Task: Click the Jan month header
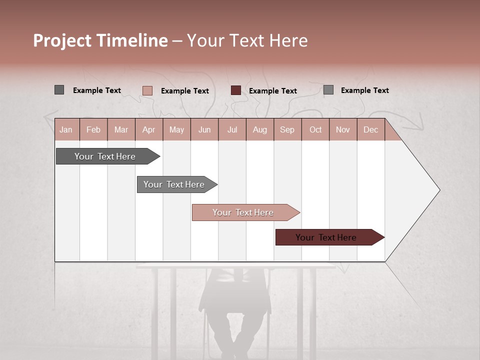[66, 129]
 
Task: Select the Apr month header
[148, 129]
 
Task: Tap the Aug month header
[259, 129]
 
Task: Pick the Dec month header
[370, 129]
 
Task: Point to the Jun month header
[204, 129]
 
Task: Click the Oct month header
[315, 129]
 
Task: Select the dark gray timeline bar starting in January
[105, 156]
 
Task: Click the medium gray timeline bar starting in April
[174, 184]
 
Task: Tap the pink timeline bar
[243, 212]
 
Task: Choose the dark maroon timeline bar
[326, 237]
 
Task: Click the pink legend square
[147, 90]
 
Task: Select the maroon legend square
[236, 90]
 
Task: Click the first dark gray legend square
[59, 90]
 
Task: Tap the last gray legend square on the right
[328, 90]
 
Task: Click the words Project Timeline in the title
[100, 40]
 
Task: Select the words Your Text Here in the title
[247, 40]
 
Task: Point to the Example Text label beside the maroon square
[273, 90]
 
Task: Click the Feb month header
[93, 129]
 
